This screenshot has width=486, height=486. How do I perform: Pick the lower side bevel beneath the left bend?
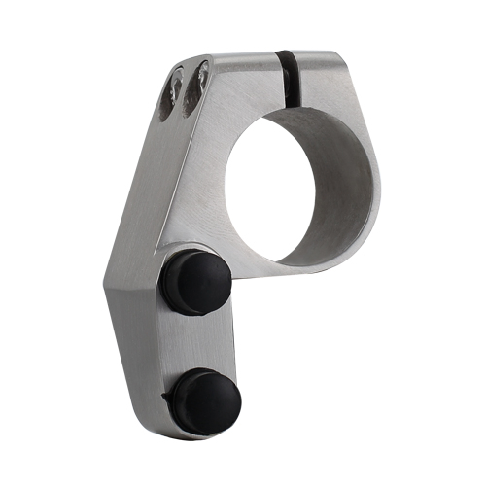(x=136, y=360)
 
